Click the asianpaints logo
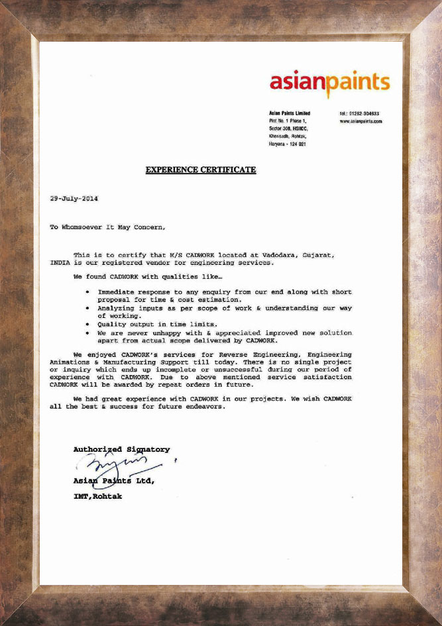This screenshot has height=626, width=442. [x=329, y=82]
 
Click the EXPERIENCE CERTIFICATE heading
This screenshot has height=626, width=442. [x=201, y=170]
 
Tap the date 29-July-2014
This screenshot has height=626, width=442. [x=74, y=199]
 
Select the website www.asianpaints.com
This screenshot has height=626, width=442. [x=361, y=122]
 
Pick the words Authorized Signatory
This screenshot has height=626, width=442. [x=121, y=450]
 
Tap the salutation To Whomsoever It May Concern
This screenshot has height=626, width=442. [x=107, y=227]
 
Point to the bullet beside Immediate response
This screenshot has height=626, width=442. [x=88, y=291]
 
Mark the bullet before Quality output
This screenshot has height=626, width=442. [x=88, y=324]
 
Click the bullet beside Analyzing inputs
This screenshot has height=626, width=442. [x=88, y=308]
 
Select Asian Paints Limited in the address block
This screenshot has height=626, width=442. [x=290, y=113]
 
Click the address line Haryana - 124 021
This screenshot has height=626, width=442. [x=287, y=144]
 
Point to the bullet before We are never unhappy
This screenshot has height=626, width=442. [x=88, y=332]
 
